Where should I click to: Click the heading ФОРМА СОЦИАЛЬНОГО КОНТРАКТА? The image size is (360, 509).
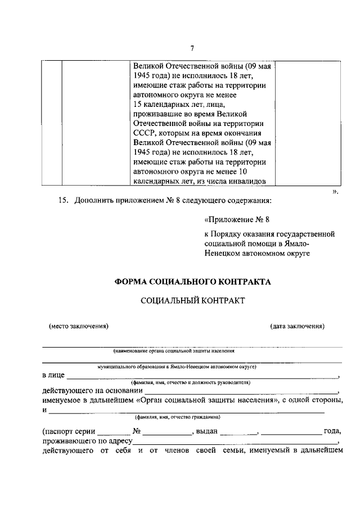(x=192, y=282)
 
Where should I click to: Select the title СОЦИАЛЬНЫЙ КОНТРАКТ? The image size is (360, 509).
(x=192, y=301)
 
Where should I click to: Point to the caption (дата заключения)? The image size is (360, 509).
(x=297, y=326)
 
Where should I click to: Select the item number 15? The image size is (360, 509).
(x=64, y=200)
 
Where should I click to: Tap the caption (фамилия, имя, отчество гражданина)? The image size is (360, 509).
(x=177, y=417)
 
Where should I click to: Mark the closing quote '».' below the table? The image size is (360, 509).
(x=335, y=191)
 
